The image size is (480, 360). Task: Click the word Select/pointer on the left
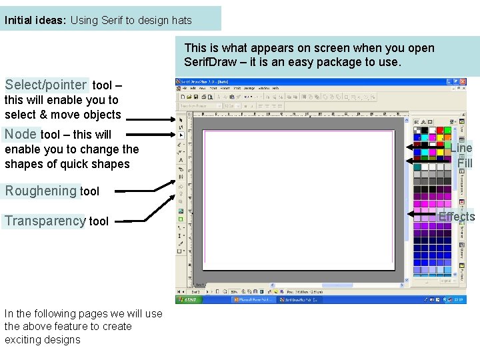point(45,85)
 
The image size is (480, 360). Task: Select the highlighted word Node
point(21,134)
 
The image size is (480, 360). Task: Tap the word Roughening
point(41,191)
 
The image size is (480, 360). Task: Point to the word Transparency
point(45,221)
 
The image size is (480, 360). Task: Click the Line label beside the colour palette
point(461,148)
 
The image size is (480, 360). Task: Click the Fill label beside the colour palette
point(465,163)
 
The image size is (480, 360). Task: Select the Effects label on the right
point(456,217)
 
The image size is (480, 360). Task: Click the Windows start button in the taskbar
point(189,300)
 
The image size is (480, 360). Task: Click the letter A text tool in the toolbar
point(181,160)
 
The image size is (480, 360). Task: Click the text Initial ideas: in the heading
point(35,20)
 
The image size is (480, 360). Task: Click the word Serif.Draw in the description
point(209,63)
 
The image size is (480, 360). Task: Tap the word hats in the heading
point(181,20)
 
